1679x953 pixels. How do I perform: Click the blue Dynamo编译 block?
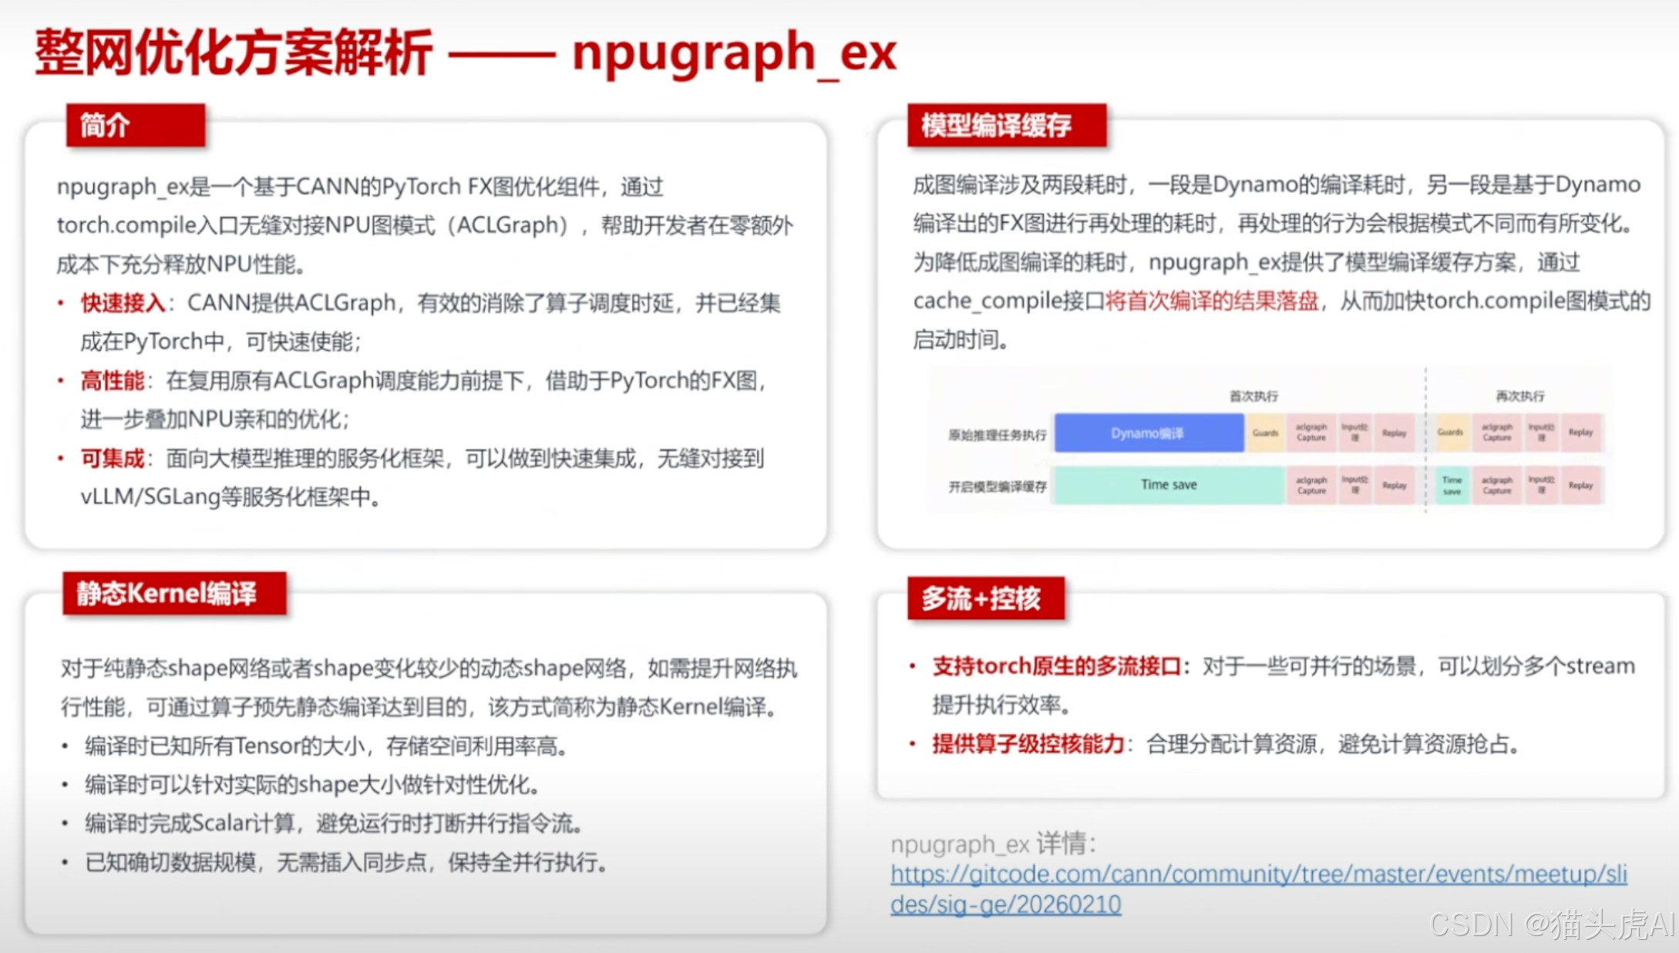pos(1148,433)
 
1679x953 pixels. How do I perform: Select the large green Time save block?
pos(1169,485)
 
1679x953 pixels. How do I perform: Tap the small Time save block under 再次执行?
pos(1452,486)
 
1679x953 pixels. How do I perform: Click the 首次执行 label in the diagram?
pos(1253,396)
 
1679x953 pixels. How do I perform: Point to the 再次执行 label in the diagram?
pos(1519,396)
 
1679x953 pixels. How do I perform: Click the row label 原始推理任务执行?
pos(997,435)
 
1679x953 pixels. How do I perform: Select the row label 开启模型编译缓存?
pos(997,487)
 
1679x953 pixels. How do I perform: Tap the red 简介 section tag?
pos(136,125)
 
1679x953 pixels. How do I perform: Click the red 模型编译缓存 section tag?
pos(1006,125)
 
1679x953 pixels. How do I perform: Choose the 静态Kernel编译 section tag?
pos(174,593)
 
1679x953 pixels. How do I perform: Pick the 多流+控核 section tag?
pos(986,598)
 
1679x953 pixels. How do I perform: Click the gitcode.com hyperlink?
pos(1258,888)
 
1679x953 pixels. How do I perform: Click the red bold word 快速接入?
pos(123,303)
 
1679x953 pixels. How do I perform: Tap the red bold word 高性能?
pos(113,381)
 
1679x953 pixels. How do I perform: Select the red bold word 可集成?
pos(113,459)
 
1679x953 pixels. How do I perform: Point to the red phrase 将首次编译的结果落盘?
pos(1212,301)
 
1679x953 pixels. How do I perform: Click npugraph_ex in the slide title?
pos(734,52)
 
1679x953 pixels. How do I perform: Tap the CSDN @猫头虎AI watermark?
pos(1551,924)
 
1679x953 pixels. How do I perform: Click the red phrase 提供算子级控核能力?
pos(1028,744)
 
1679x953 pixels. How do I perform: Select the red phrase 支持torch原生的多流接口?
pos(1056,666)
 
